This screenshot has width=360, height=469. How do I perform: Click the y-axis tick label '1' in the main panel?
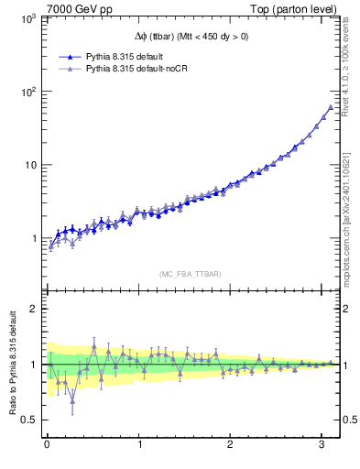(x=34, y=239)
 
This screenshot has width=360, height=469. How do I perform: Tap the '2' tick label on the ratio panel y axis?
(x=34, y=309)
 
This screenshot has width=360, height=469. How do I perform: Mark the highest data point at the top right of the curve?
(x=331, y=107)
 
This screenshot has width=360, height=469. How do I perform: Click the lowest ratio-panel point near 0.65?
(x=72, y=400)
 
